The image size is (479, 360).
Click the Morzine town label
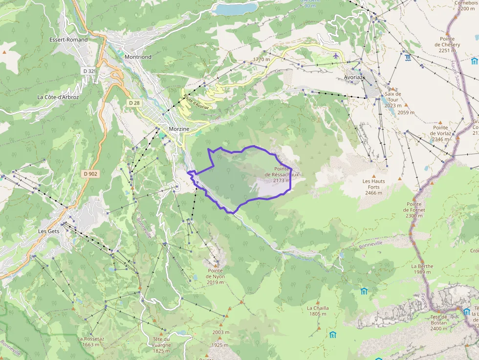[178, 129]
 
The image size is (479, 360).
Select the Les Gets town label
[49, 231]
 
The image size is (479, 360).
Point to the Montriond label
[138, 57]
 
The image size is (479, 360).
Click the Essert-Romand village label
[68, 40]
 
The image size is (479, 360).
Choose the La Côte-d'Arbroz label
[58, 97]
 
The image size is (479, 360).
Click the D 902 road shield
[91, 173]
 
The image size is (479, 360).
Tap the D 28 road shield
[134, 103]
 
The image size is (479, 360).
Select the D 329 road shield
[89, 71]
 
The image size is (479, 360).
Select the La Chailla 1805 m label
[318, 311]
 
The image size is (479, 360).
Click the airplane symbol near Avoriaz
[335, 56]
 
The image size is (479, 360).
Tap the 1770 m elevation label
[261, 60]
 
